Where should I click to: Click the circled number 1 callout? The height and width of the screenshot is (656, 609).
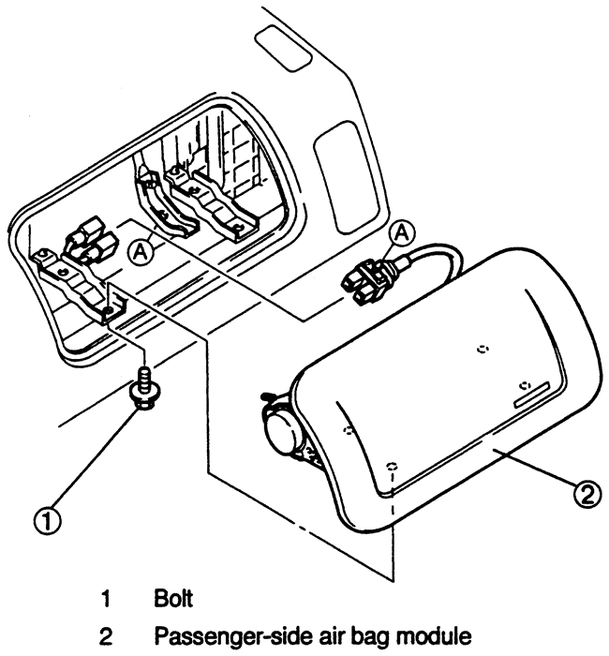point(47,520)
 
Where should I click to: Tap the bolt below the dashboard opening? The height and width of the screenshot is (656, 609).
point(143,388)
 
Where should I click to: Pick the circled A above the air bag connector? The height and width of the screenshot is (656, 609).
point(402,233)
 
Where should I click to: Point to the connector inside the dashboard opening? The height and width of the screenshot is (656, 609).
point(89,242)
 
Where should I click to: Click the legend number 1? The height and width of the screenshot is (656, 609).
point(106,599)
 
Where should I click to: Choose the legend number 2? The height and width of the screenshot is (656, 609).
point(106,637)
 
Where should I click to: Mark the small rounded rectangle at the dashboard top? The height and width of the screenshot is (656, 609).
point(283,49)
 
